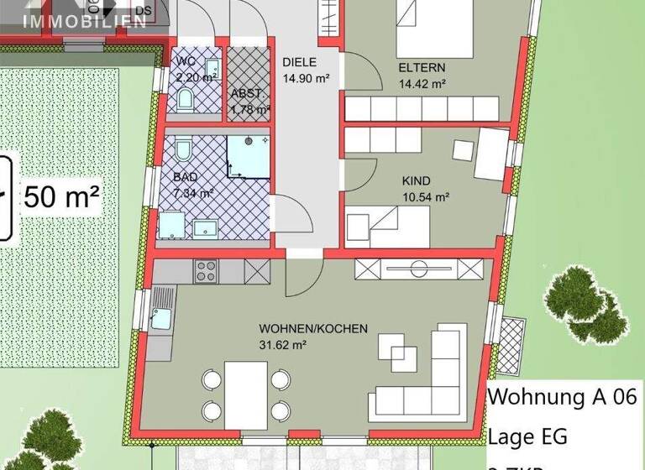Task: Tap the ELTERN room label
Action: point(422,68)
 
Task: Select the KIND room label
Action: point(416,181)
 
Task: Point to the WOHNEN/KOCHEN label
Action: point(313,329)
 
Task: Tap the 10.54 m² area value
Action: point(426,197)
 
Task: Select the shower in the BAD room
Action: point(248,157)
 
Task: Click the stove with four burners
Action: point(207,270)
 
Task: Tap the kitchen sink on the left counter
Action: point(160,317)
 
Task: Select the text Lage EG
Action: point(527,436)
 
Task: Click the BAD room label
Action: point(186,177)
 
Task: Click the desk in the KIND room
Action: point(490,153)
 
